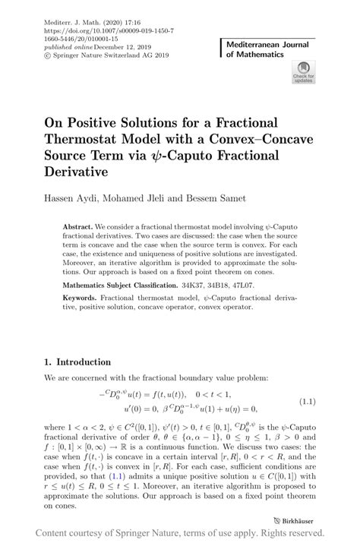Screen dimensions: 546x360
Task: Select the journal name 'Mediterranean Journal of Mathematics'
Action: [269, 50]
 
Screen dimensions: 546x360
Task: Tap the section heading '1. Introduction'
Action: [78, 384]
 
